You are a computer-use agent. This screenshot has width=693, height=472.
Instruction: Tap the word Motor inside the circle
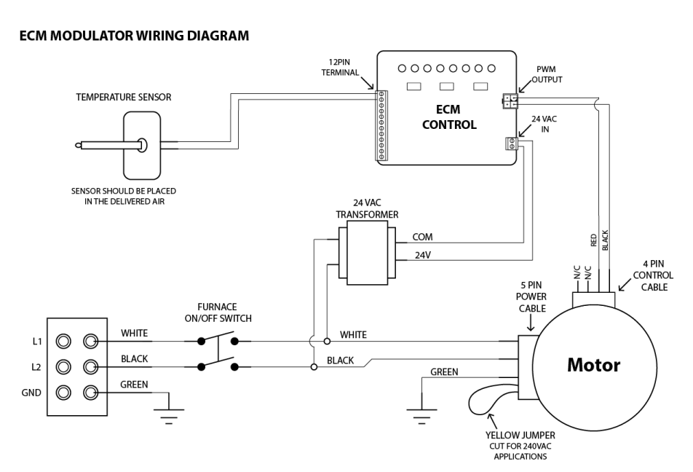click(594, 365)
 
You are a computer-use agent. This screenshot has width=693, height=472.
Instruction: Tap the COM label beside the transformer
click(423, 237)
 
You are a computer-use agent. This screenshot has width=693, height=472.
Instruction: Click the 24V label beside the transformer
click(422, 256)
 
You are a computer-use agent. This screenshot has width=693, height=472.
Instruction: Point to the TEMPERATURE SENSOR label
click(123, 96)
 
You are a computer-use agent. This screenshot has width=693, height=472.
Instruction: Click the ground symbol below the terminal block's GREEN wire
click(169, 412)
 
